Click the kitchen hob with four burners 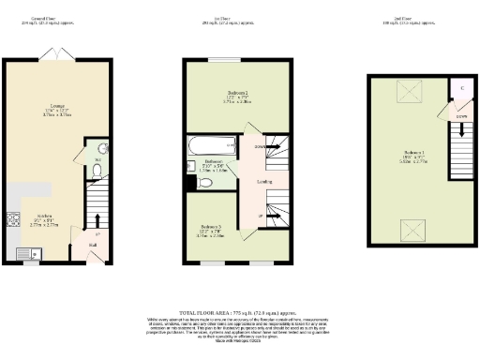point(13,222)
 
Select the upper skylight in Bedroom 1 point(410,91)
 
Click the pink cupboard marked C point(463,90)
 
